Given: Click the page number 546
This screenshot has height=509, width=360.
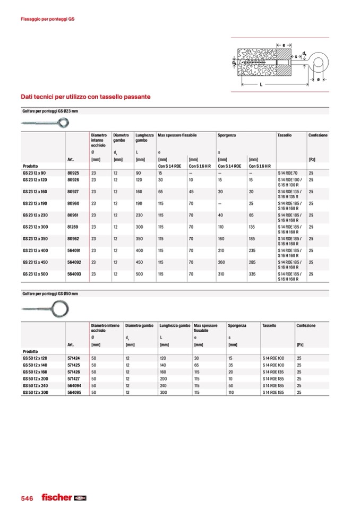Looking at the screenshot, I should [27, 498].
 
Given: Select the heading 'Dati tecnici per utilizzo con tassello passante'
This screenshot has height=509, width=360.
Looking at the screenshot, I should [85, 97].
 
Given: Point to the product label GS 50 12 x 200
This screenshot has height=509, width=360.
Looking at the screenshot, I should [35, 379].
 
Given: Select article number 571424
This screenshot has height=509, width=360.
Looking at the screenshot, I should [74, 358].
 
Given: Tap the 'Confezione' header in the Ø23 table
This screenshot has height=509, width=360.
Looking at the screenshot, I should [318, 135].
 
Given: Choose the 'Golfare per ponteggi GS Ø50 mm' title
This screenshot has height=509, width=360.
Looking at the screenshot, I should [50, 294].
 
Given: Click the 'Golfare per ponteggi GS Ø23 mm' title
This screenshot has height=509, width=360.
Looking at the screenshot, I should [50, 111].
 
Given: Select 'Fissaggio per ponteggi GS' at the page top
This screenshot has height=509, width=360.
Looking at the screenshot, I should [47, 19].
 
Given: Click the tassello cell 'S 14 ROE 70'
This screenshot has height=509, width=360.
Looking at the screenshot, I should [289, 173].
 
